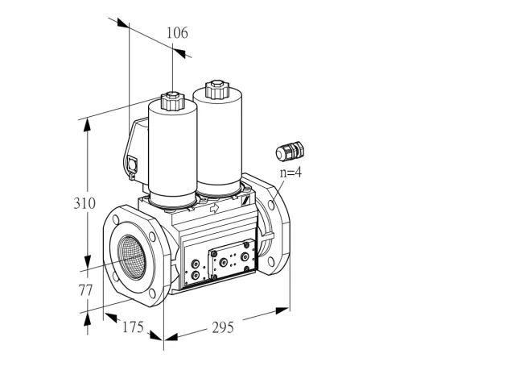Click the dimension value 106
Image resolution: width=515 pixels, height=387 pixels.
[177, 33]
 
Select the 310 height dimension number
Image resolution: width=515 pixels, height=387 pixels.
[84, 203]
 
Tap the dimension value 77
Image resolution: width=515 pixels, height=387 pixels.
[85, 290]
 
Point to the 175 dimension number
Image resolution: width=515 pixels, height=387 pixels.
[133, 327]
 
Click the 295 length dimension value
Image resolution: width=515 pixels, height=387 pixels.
[223, 327]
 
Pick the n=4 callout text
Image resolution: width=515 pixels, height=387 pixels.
[290, 173]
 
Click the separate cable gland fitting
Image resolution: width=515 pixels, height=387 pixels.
[290, 152]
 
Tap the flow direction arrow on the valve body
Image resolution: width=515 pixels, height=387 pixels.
[214, 208]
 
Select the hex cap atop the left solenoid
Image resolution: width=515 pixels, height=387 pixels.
[172, 102]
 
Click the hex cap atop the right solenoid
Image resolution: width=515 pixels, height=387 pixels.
[216, 89]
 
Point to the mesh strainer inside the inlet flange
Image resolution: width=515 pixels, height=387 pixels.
[132, 257]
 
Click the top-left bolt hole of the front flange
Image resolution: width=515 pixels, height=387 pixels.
[116, 219]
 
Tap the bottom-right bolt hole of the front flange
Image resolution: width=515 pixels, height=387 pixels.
[152, 293]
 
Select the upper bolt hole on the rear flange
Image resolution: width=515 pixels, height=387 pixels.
[271, 205]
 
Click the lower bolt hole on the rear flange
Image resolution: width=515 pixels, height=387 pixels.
[271, 262]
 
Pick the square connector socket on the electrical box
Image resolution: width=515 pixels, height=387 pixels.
[132, 164]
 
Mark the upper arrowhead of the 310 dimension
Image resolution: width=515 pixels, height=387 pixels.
[87, 125]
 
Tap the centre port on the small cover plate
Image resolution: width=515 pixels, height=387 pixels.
[224, 262]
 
